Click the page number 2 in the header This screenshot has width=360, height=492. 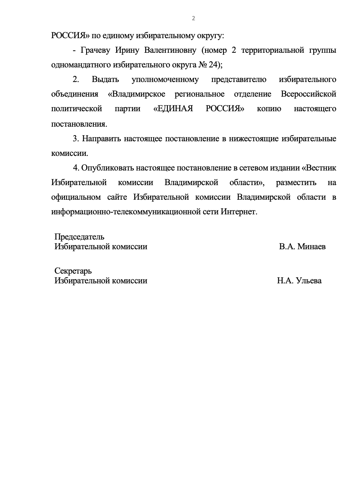click(x=193, y=18)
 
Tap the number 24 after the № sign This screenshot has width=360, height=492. click(x=214, y=64)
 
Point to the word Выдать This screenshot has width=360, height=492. click(x=105, y=79)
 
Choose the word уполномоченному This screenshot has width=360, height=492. click(x=165, y=79)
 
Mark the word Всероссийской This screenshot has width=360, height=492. click(x=308, y=94)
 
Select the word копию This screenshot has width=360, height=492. click(x=269, y=109)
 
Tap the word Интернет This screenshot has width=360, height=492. click(x=239, y=212)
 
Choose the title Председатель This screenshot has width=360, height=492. click(x=79, y=237)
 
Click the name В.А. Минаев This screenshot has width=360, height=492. click(x=302, y=246)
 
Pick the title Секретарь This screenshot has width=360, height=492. click(x=73, y=271)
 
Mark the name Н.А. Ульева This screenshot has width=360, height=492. click(x=299, y=281)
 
